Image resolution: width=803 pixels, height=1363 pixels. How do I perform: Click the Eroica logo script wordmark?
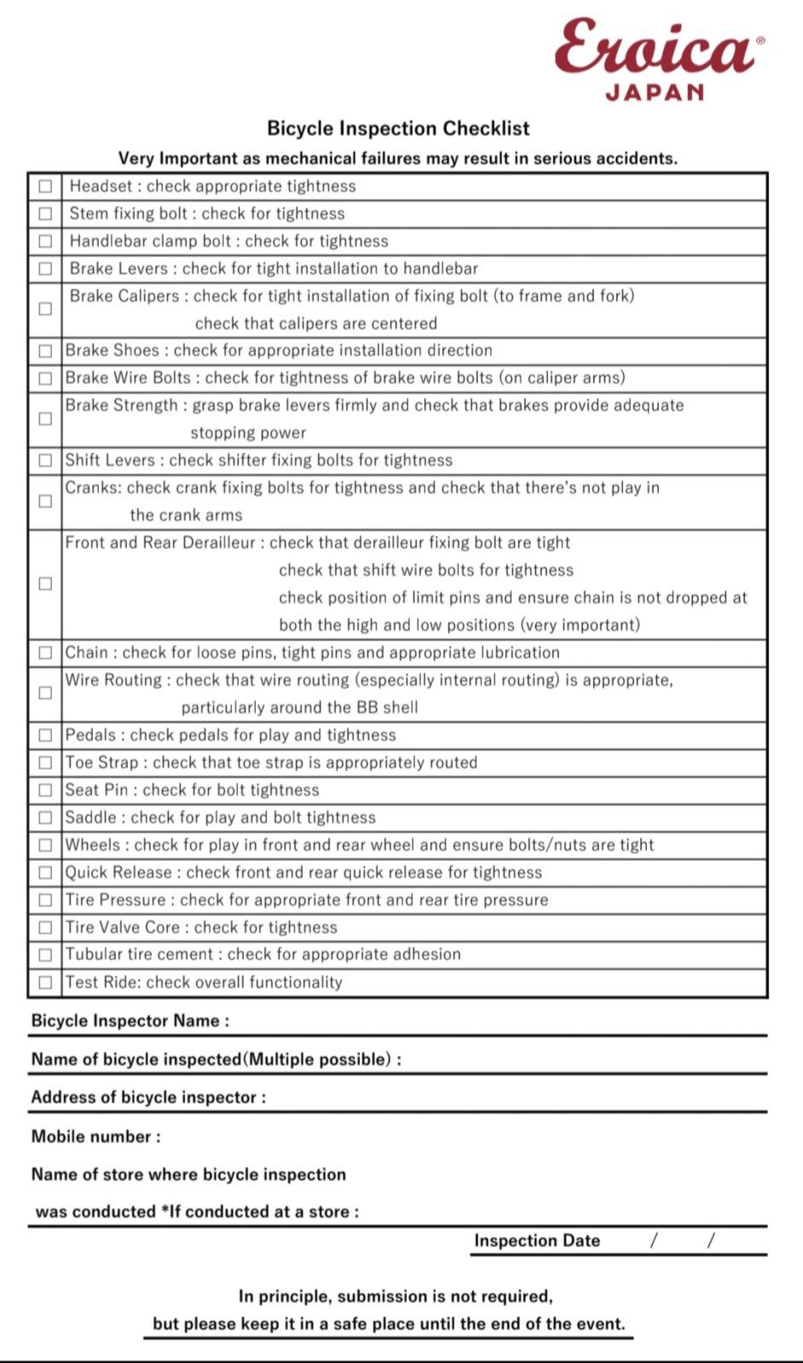655,48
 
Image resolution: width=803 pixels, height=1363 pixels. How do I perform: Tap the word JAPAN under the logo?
655,92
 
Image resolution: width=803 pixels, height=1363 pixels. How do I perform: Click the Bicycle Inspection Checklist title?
398,129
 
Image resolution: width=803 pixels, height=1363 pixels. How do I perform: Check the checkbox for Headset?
45,187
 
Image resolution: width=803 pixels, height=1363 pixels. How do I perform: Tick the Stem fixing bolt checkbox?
45,214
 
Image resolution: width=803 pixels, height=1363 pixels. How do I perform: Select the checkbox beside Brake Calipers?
45,309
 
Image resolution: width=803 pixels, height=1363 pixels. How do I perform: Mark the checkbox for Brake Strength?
45,419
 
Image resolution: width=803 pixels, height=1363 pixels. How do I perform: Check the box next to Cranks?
45,502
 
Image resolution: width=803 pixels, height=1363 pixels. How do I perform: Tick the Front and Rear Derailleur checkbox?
45,584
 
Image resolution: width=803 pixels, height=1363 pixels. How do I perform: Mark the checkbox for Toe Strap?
45,762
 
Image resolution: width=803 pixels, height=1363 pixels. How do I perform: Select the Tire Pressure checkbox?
45,900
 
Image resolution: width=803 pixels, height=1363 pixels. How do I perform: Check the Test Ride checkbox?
45,982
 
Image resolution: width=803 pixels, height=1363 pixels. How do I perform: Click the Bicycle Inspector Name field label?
130,1021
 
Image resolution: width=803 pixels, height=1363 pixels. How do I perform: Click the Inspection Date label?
537,1241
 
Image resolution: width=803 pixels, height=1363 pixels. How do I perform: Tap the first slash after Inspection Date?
654,1241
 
